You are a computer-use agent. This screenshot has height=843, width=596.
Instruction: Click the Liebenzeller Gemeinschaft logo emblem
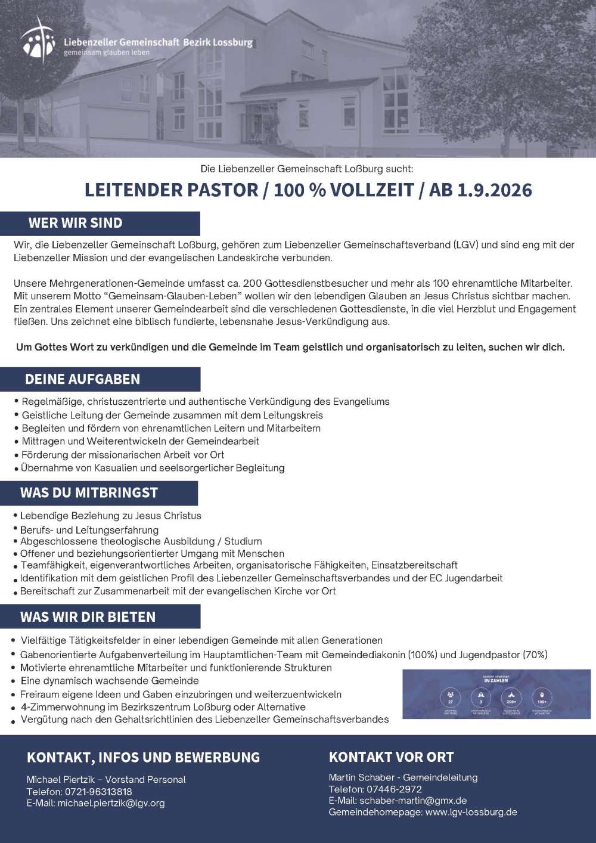[38, 40]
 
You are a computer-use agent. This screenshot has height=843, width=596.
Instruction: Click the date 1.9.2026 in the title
[495, 190]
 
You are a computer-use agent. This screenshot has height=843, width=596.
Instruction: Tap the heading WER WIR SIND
[75, 223]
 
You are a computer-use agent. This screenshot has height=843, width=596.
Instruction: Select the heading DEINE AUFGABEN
[82, 379]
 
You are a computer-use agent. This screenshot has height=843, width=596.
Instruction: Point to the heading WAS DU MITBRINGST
[89, 492]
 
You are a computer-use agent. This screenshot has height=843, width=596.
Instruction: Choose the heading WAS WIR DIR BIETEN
[88, 616]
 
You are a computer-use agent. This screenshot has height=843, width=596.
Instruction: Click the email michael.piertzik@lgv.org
[111, 803]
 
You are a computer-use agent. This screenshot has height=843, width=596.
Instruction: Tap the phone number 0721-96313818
[94, 791]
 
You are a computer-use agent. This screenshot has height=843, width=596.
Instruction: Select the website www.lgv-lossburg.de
[471, 812]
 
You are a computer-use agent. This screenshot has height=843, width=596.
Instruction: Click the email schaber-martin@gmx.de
[412, 801]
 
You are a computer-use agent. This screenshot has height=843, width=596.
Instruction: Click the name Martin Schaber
[362, 777]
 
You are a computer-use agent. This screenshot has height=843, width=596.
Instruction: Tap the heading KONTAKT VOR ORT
[391, 757]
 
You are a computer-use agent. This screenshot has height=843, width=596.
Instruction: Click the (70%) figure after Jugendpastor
[535, 655]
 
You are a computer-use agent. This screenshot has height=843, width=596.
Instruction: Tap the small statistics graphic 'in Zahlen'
[496, 693]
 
